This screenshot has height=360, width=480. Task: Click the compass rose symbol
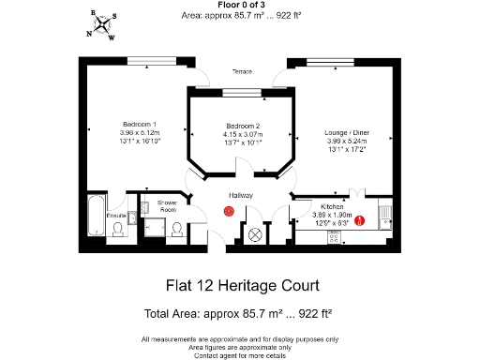click(x=101, y=25)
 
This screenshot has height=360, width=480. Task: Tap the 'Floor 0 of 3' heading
click(x=239, y=5)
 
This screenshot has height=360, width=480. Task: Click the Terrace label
click(x=242, y=71)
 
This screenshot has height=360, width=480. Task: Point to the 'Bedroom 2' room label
click(x=243, y=126)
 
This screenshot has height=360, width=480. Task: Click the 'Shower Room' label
click(x=168, y=204)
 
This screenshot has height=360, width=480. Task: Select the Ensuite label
click(x=116, y=216)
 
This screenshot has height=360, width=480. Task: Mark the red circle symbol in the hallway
click(x=229, y=213)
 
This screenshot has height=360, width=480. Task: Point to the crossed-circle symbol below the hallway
click(x=255, y=233)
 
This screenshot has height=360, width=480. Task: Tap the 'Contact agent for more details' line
click(x=240, y=356)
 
